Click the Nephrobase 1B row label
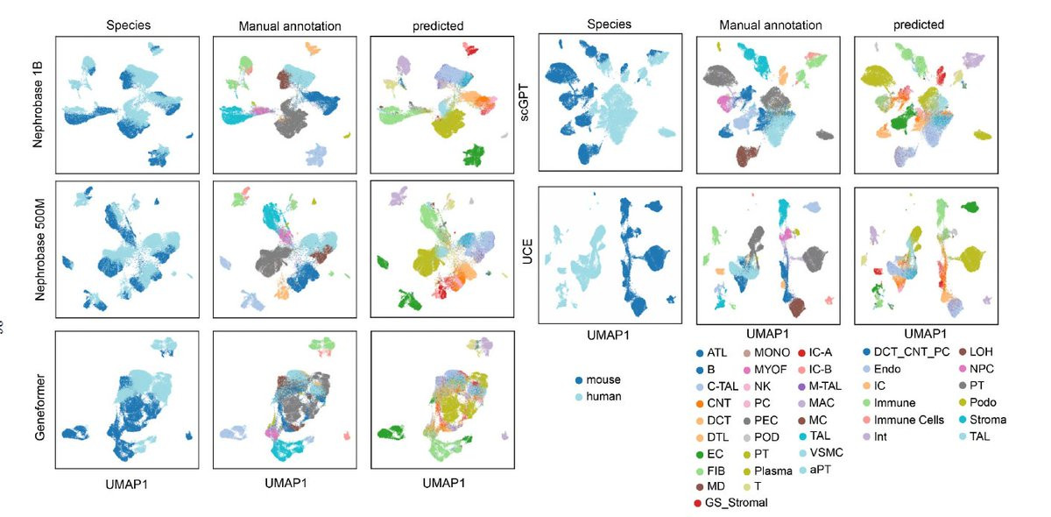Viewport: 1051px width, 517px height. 39,104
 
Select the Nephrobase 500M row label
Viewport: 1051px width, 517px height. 39,249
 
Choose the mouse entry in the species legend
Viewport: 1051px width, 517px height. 601,379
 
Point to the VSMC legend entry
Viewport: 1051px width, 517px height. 829,453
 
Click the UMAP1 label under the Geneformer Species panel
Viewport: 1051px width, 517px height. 129,483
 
